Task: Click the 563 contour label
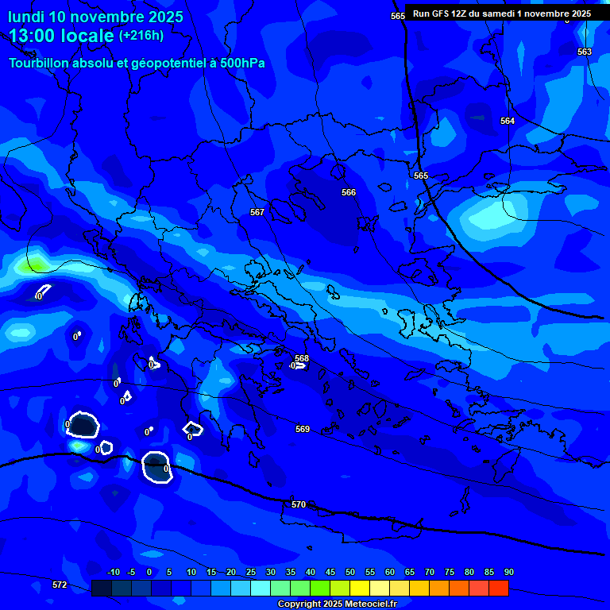click(x=585, y=52)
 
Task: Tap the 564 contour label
click(x=508, y=121)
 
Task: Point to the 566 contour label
click(x=349, y=192)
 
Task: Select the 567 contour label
click(x=257, y=212)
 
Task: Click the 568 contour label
click(x=302, y=358)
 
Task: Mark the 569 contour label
click(x=303, y=429)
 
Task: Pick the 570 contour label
click(x=299, y=504)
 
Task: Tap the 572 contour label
click(x=60, y=585)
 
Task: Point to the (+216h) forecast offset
click(x=141, y=36)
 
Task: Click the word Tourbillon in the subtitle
click(x=41, y=64)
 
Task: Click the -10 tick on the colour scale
click(x=113, y=572)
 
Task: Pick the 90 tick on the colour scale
click(x=509, y=572)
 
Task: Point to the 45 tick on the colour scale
click(x=330, y=572)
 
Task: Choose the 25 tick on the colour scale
click(x=251, y=572)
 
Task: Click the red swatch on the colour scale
click(x=498, y=589)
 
